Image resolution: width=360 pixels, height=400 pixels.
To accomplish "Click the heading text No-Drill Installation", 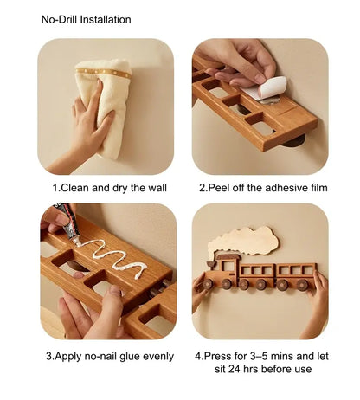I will pos(87,19).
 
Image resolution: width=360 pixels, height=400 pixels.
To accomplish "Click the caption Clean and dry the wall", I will pos(109,187).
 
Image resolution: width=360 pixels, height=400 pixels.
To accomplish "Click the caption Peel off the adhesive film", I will pos(263,187).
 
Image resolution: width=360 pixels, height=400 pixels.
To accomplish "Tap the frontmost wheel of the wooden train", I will pos(209,283).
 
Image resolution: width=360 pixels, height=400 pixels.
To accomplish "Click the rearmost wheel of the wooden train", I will pos(302,283).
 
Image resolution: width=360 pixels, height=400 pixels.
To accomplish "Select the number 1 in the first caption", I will pos(55,187).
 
